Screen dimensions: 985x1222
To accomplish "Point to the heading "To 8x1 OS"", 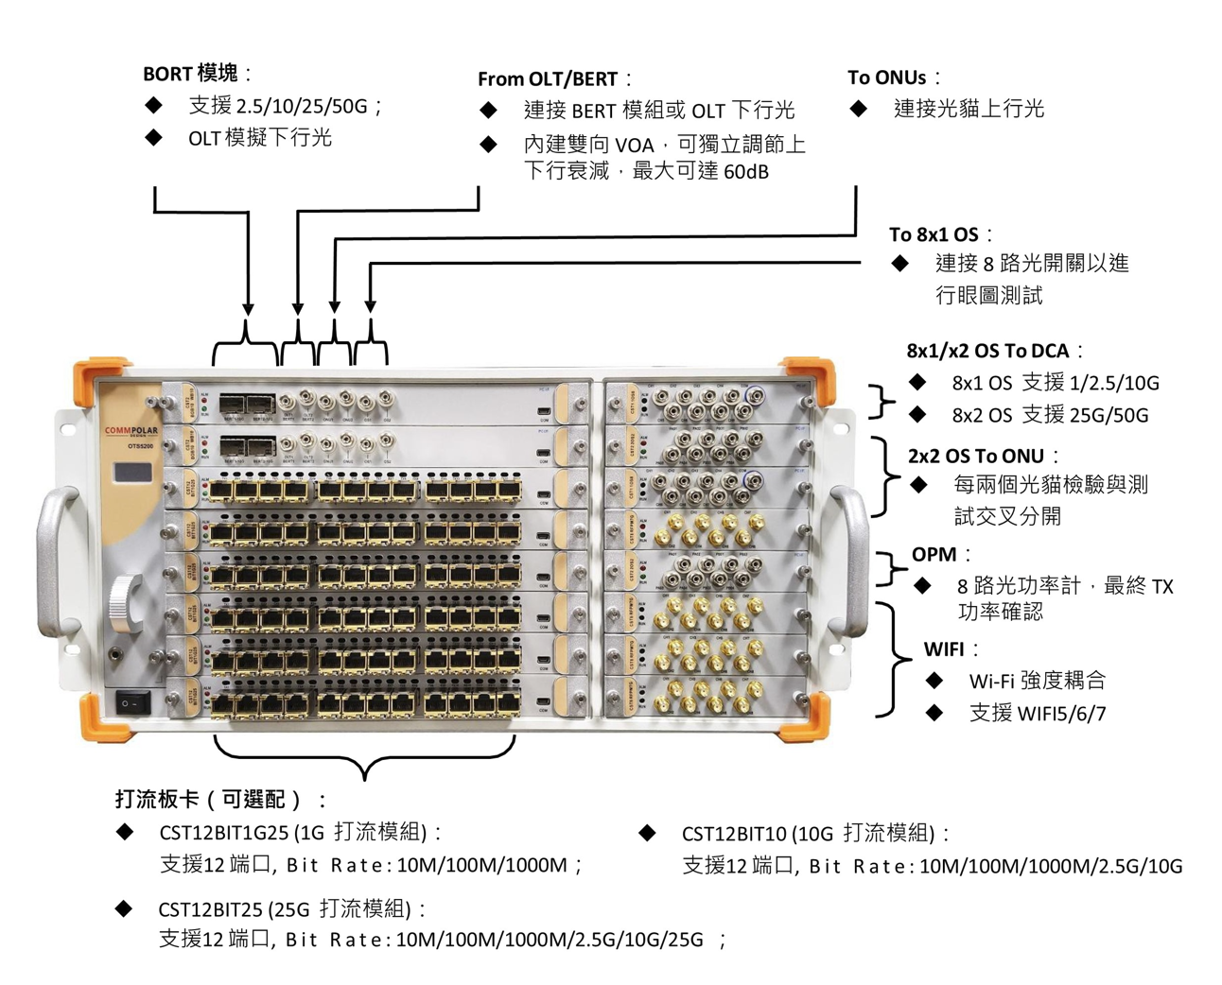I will pyautogui.click(x=934, y=234).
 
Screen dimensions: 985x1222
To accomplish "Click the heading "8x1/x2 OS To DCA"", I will pyautogui.click(x=987, y=351).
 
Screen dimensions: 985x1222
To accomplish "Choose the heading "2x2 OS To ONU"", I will pyautogui.click(x=976, y=456).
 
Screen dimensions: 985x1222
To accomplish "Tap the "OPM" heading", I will pyautogui.click(x=934, y=555).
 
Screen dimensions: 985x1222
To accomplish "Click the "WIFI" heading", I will pyautogui.click(x=944, y=649).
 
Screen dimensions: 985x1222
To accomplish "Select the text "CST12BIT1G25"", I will pyautogui.click(x=224, y=833).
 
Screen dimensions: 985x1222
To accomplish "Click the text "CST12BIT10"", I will pyautogui.click(x=734, y=834).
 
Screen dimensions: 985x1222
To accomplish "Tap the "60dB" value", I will pyautogui.click(x=746, y=172).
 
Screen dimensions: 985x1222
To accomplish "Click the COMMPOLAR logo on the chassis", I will pyautogui.click(x=131, y=431).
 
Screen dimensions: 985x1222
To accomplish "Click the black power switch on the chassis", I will pyautogui.click(x=132, y=703).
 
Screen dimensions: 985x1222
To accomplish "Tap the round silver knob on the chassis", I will pyautogui.click(x=125, y=599).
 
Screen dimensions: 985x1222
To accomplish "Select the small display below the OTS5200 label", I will pyautogui.click(x=132, y=473).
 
